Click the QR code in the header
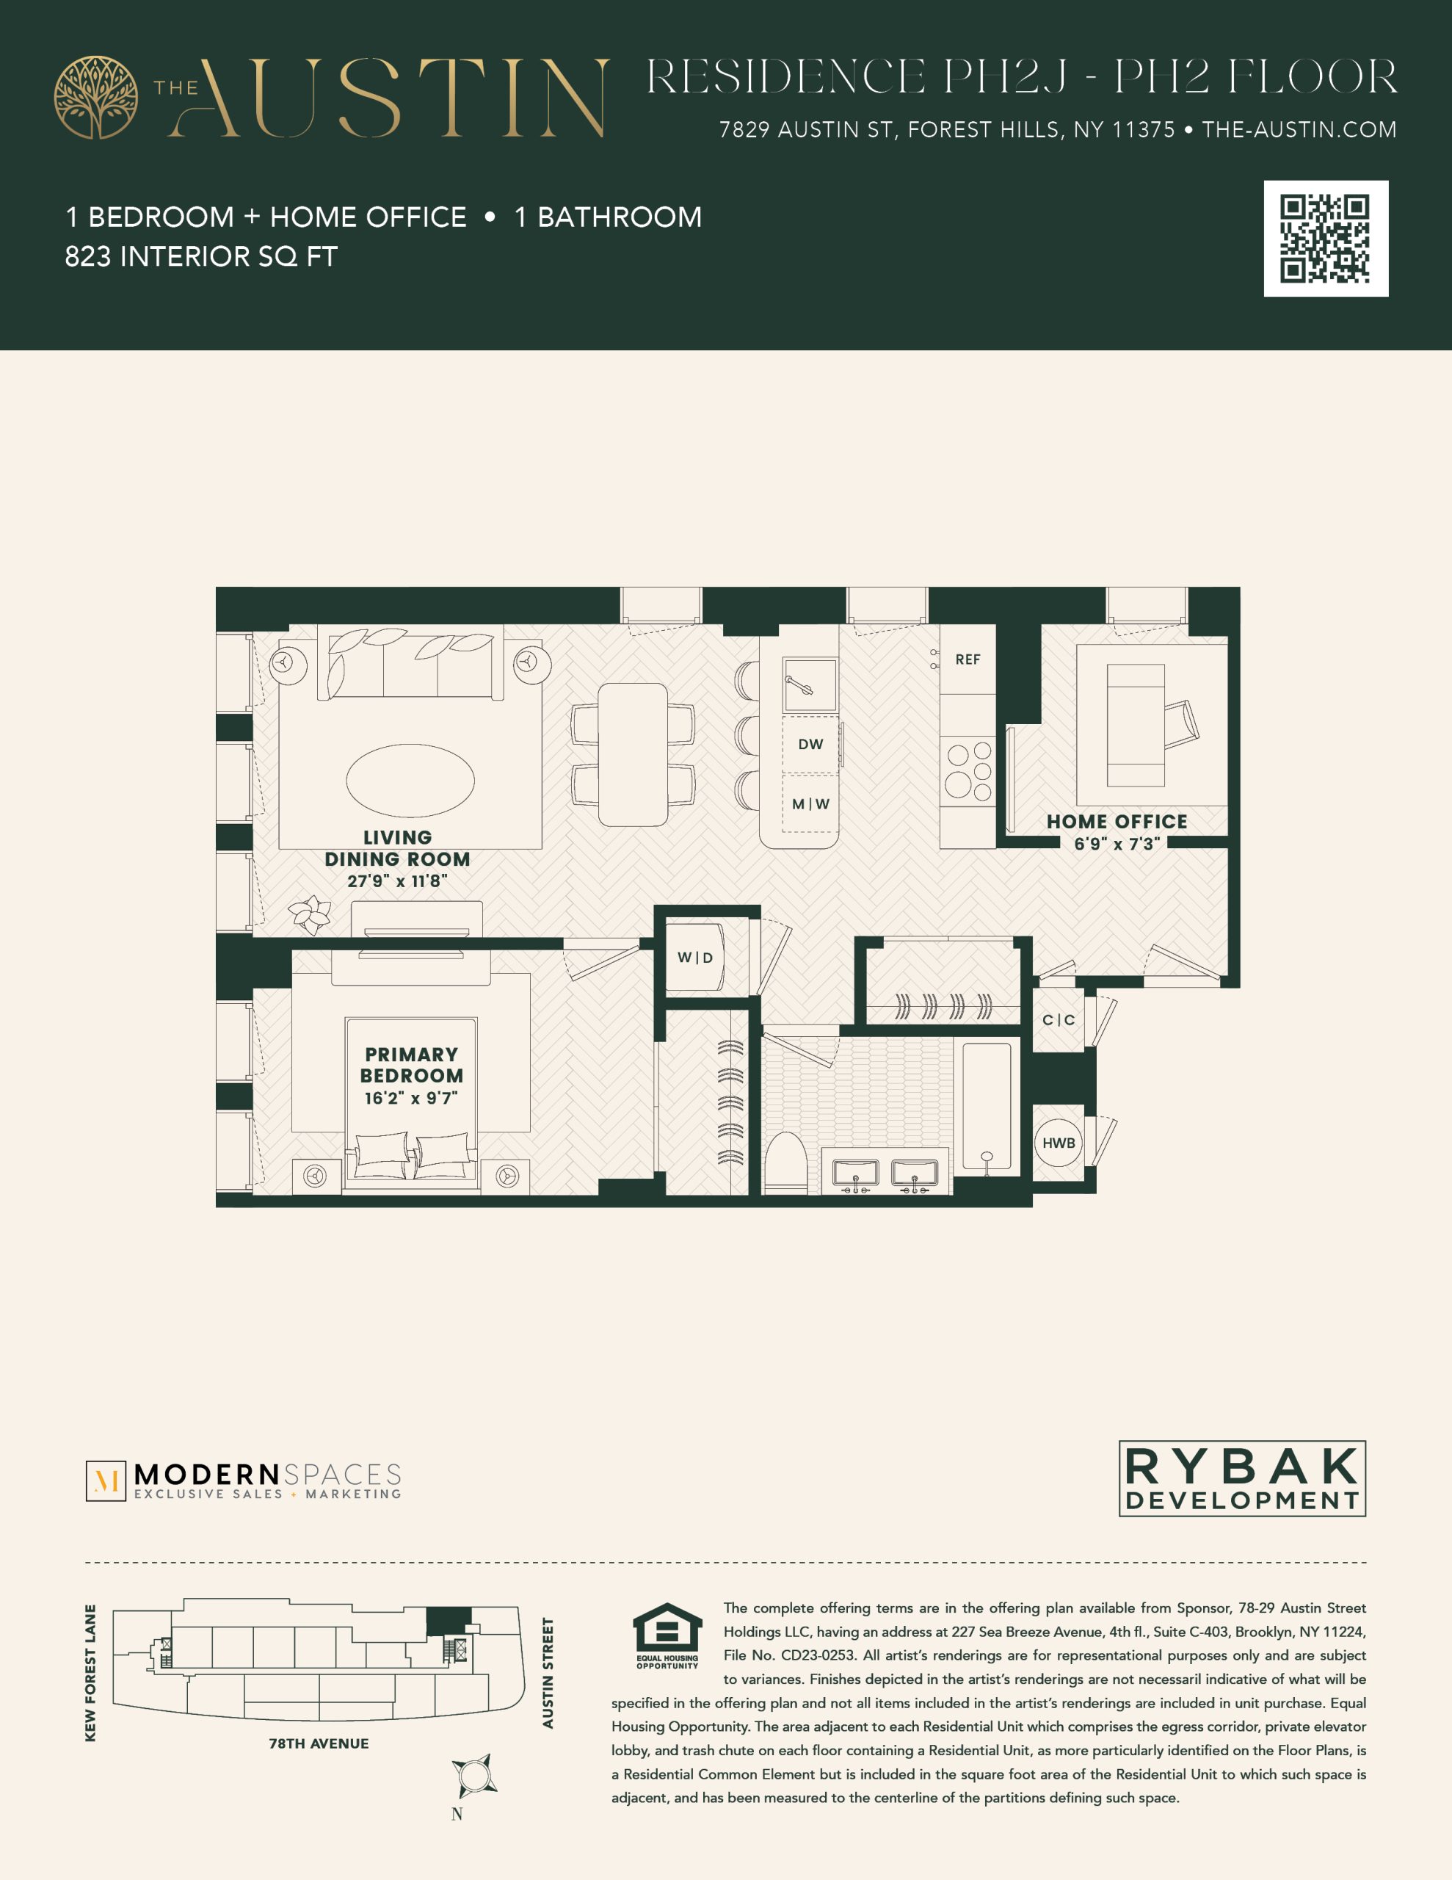1326,239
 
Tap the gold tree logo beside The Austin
95,97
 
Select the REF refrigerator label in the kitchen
968,659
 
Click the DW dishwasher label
810,744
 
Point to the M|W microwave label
810,804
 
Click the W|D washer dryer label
694,957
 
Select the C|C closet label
1059,1020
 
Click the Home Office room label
1117,822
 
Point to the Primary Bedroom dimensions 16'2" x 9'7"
411,1098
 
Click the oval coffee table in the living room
410,780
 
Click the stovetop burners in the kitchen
968,771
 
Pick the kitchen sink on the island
810,685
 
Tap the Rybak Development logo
1242,1478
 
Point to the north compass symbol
474,1776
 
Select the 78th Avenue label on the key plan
319,1743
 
